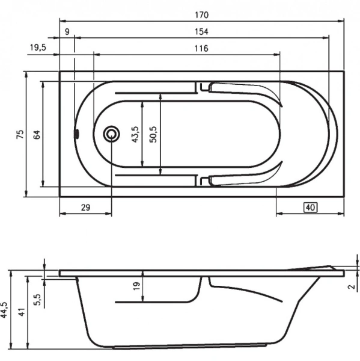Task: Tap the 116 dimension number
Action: point(201,48)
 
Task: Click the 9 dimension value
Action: point(66,31)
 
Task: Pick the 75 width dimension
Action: point(20,134)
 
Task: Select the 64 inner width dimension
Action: point(37,134)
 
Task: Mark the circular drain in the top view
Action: point(111,134)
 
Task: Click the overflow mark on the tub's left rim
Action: point(76,134)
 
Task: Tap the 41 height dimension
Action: point(22,312)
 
